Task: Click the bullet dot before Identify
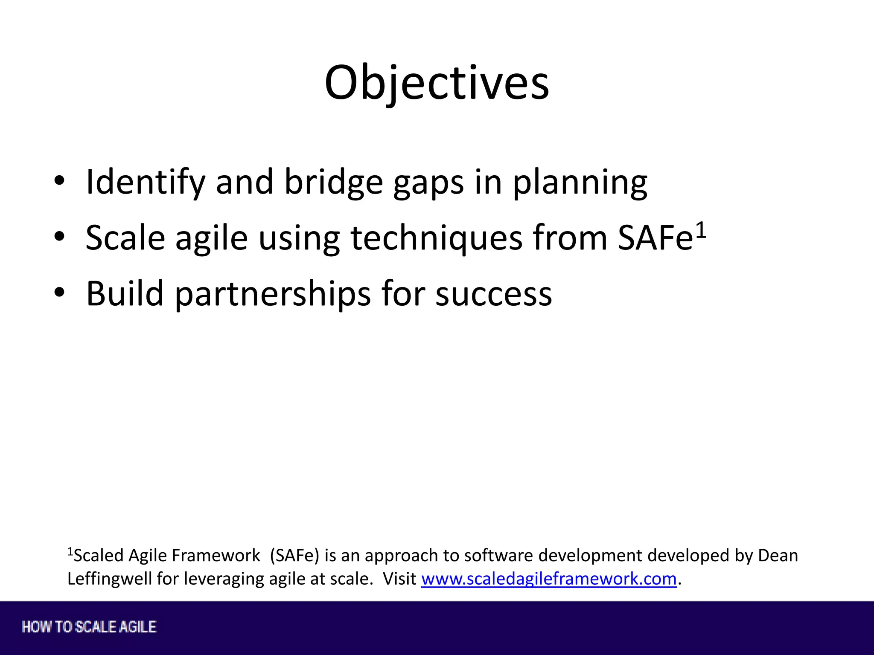point(59,181)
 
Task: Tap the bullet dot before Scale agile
point(59,237)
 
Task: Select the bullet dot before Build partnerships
point(59,293)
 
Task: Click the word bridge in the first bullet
point(333,183)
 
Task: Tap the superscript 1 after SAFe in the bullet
point(701,231)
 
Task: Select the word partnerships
point(273,294)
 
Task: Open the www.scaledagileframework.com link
point(549,579)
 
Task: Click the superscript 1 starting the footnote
point(70,552)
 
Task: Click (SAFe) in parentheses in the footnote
point(294,556)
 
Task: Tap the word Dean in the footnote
point(778,556)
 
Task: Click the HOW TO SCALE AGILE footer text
point(89,627)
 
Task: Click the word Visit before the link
point(399,579)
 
